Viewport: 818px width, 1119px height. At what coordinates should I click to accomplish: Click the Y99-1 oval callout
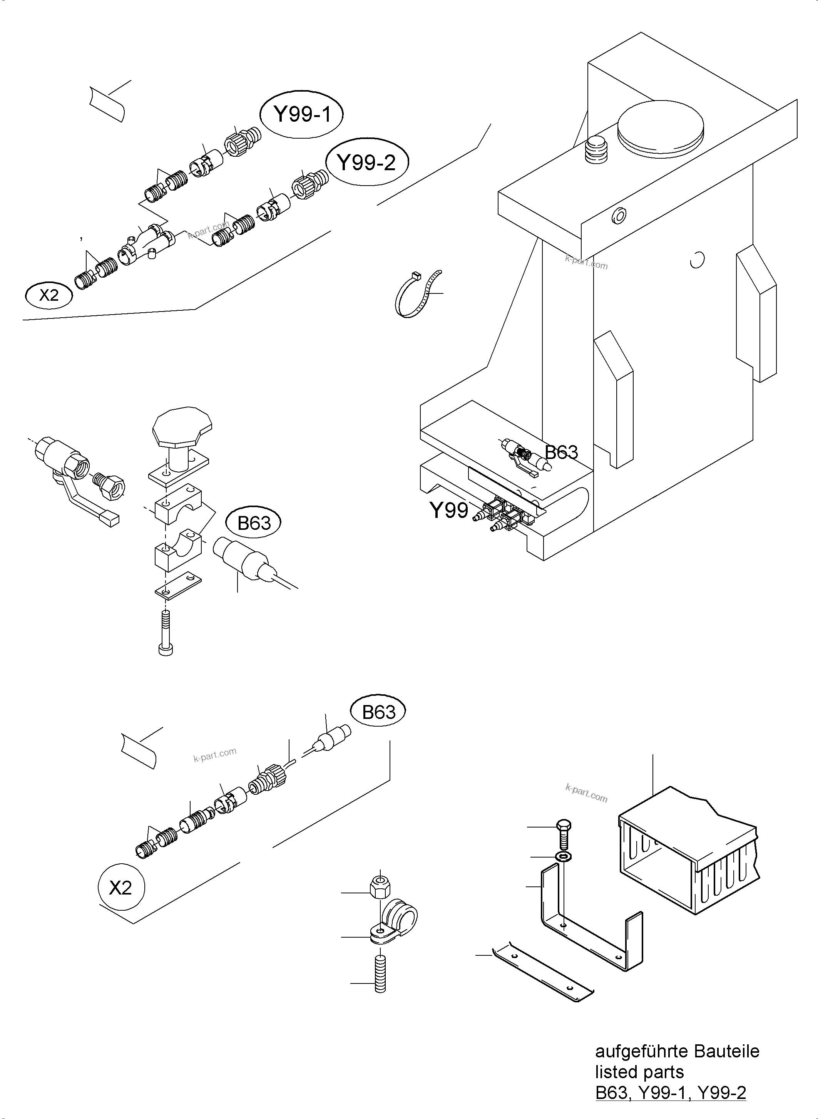(x=301, y=115)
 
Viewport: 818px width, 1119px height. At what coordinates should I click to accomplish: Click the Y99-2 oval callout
(x=366, y=162)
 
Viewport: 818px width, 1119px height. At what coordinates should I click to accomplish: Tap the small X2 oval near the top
(x=49, y=295)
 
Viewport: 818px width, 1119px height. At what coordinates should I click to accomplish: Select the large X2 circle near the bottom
(x=121, y=888)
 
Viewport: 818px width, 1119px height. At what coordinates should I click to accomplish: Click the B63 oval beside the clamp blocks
(x=254, y=523)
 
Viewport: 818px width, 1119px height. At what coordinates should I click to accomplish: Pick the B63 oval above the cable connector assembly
(x=378, y=712)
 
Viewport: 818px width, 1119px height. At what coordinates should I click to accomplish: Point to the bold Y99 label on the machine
(x=448, y=510)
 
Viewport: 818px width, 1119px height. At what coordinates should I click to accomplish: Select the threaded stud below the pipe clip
(x=380, y=982)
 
